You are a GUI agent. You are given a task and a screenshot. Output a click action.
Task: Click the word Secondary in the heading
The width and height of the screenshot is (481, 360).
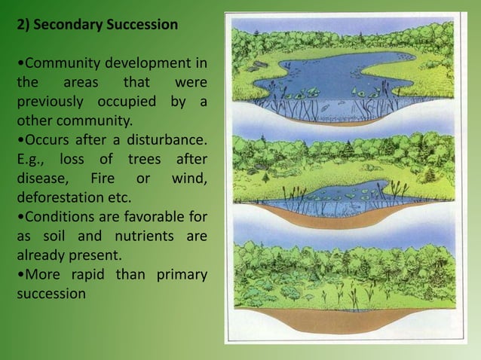(75, 25)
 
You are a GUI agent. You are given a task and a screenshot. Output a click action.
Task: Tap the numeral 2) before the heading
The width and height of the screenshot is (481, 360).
(26, 25)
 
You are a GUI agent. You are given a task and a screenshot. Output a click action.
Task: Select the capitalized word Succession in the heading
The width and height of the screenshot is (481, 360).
(145, 25)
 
